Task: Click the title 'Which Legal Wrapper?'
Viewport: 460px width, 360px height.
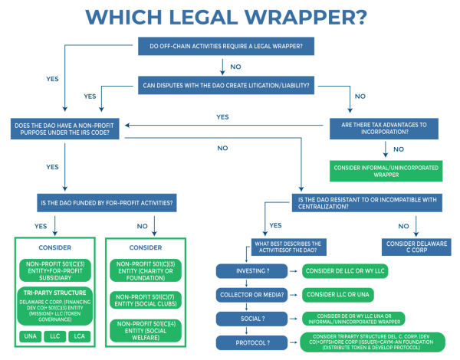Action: [230, 17]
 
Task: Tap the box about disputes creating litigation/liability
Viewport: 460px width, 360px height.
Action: [224, 84]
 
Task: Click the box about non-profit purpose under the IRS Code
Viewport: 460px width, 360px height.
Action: [68, 129]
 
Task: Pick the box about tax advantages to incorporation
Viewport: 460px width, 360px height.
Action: [389, 129]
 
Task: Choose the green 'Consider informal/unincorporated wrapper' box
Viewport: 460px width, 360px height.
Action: [389, 170]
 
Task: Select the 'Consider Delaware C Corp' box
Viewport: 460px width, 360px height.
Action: [415, 246]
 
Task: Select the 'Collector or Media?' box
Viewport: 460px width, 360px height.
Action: [252, 294]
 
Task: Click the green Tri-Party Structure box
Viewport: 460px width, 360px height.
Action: [55, 307]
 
